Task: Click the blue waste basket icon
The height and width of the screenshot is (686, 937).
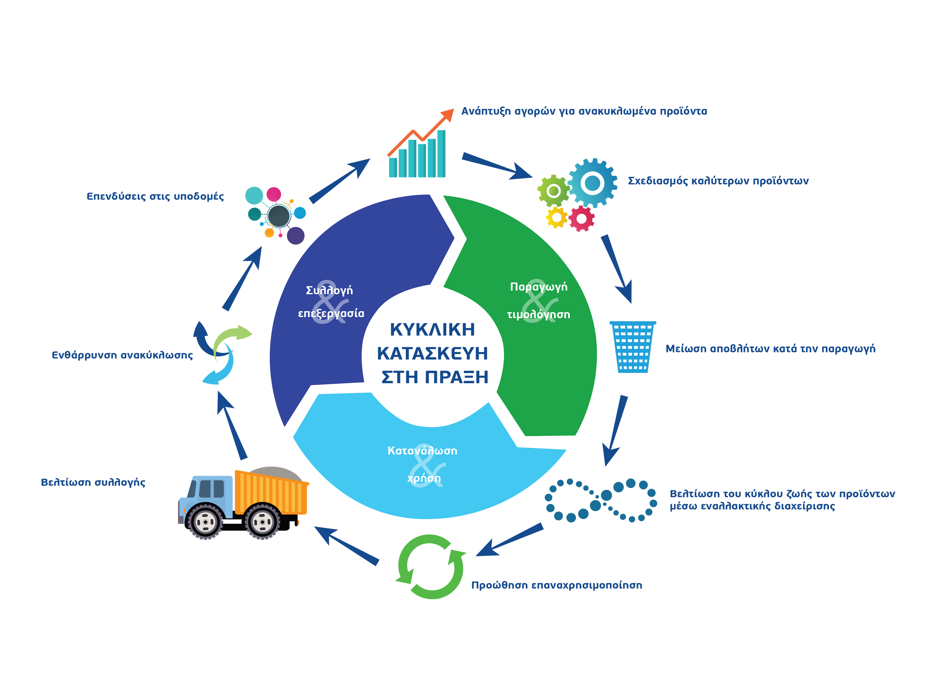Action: (x=632, y=347)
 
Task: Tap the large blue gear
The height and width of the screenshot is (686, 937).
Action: (x=593, y=183)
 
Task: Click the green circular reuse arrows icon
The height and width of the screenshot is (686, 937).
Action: (x=430, y=566)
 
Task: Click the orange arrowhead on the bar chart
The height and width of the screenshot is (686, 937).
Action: (x=448, y=114)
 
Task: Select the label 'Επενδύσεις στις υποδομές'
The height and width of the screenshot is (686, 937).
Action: (x=155, y=196)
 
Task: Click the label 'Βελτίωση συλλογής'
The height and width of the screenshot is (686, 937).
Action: (x=93, y=482)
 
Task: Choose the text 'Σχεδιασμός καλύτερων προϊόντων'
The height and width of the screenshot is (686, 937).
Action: (x=718, y=181)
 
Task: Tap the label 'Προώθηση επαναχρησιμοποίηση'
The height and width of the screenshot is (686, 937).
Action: (x=556, y=585)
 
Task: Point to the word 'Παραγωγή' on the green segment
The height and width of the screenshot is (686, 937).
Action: (x=538, y=287)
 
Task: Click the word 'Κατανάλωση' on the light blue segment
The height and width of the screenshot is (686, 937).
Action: (x=422, y=450)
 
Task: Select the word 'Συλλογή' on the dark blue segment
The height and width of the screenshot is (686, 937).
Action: (x=329, y=290)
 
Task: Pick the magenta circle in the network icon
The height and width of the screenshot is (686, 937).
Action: (x=274, y=194)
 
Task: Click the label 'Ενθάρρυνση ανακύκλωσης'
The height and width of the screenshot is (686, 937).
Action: (x=122, y=355)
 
